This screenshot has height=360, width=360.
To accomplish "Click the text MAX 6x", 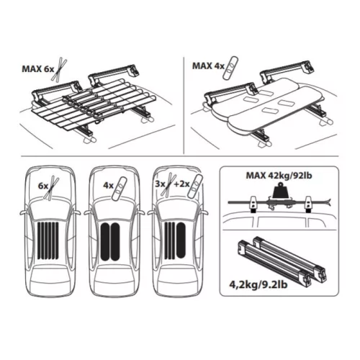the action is pyautogui.click(x=38, y=69).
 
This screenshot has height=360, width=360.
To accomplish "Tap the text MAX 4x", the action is pyautogui.click(x=208, y=66).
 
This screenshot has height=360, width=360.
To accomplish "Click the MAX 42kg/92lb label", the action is pyautogui.click(x=279, y=176).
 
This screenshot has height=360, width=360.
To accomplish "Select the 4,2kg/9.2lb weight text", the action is pyautogui.click(x=258, y=285).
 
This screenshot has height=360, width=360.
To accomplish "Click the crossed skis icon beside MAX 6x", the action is pyautogui.click(x=60, y=69).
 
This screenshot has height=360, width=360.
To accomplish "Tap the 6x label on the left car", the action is pyautogui.click(x=43, y=186).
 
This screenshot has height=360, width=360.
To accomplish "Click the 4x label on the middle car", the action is pyautogui.click(x=108, y=186).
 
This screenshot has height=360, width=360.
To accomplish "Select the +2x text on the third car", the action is pyautogui.click(x=181, y=184).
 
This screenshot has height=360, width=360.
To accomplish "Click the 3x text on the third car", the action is pyautogui.click(x=160, y=184).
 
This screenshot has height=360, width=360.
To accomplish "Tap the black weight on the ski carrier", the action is pyautogui.click(x=279, y=191).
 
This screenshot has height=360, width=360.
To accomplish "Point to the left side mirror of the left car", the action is pyautogui.click(x=24, y=213).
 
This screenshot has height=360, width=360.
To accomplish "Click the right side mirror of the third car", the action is pyautogui.click(x=204, y=213).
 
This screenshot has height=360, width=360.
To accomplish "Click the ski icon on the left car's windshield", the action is pyautogui.click(x=53, y=189).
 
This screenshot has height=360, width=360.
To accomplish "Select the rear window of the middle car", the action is pyautogui.click(x=113, y=275).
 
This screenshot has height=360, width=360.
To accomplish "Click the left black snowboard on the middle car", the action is pyautogui.click(x=105, y=241).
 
